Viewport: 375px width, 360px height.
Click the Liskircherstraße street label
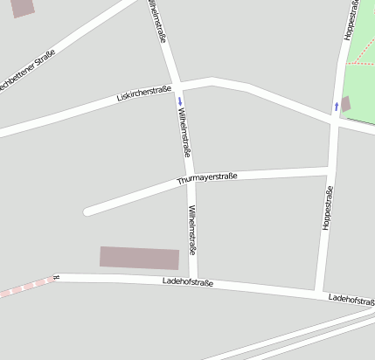143,92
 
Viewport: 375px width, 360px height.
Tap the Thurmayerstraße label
207,179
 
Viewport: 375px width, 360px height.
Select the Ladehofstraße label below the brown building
188,281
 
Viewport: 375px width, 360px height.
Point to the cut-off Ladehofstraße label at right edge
351,300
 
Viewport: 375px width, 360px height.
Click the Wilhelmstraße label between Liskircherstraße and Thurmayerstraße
184,129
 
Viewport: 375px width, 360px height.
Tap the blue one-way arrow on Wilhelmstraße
180,100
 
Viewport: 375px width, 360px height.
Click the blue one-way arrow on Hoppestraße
337,106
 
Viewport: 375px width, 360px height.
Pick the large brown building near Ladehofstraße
139,258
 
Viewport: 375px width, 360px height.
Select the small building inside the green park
345,104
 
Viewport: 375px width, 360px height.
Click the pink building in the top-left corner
22,7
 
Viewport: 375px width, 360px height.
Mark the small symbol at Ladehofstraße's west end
56,277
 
